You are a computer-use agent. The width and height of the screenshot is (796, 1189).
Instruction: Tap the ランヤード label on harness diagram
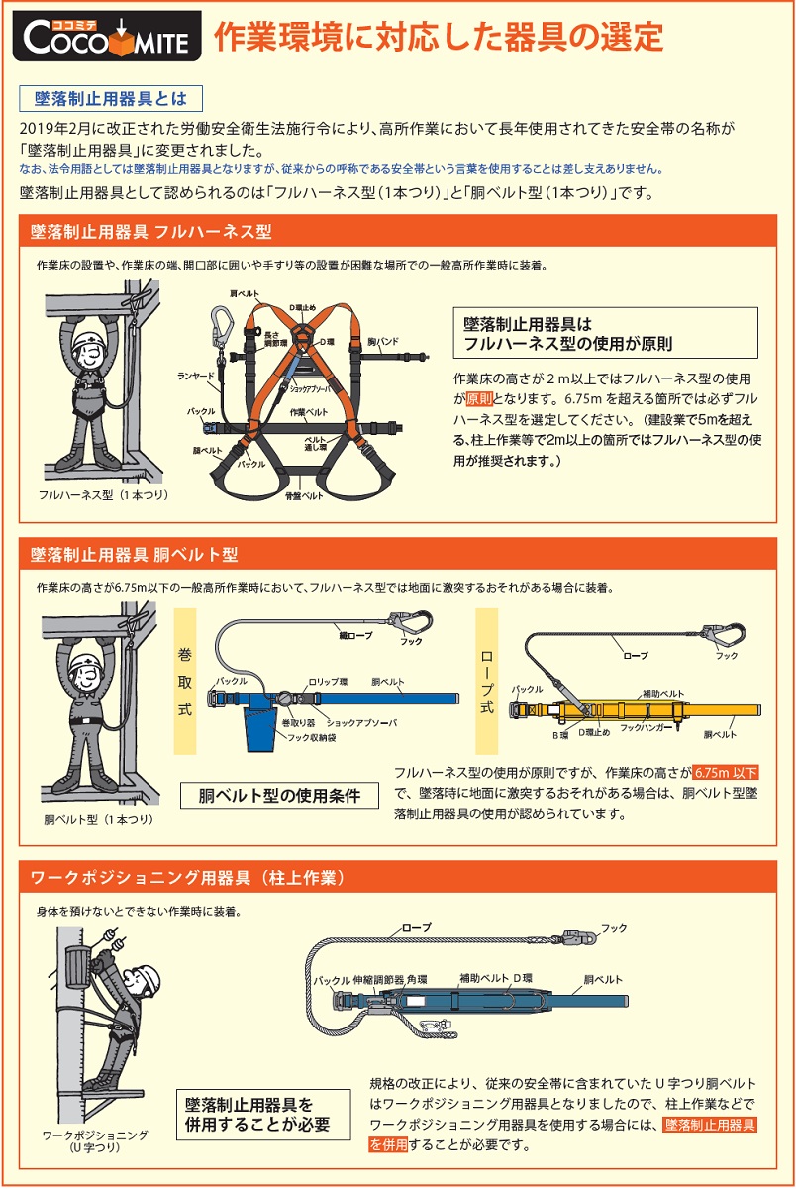coord(195,376)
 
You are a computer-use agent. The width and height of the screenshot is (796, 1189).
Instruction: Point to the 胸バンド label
coord(382,341)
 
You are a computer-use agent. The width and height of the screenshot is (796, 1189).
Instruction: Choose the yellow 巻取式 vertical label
coord(185,682)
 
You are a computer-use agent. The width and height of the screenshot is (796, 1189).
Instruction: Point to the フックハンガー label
coord(647,727)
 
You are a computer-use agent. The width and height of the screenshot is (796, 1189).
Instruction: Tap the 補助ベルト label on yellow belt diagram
coord(662,694)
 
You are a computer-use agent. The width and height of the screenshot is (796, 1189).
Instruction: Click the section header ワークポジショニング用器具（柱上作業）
coord(187,878)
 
